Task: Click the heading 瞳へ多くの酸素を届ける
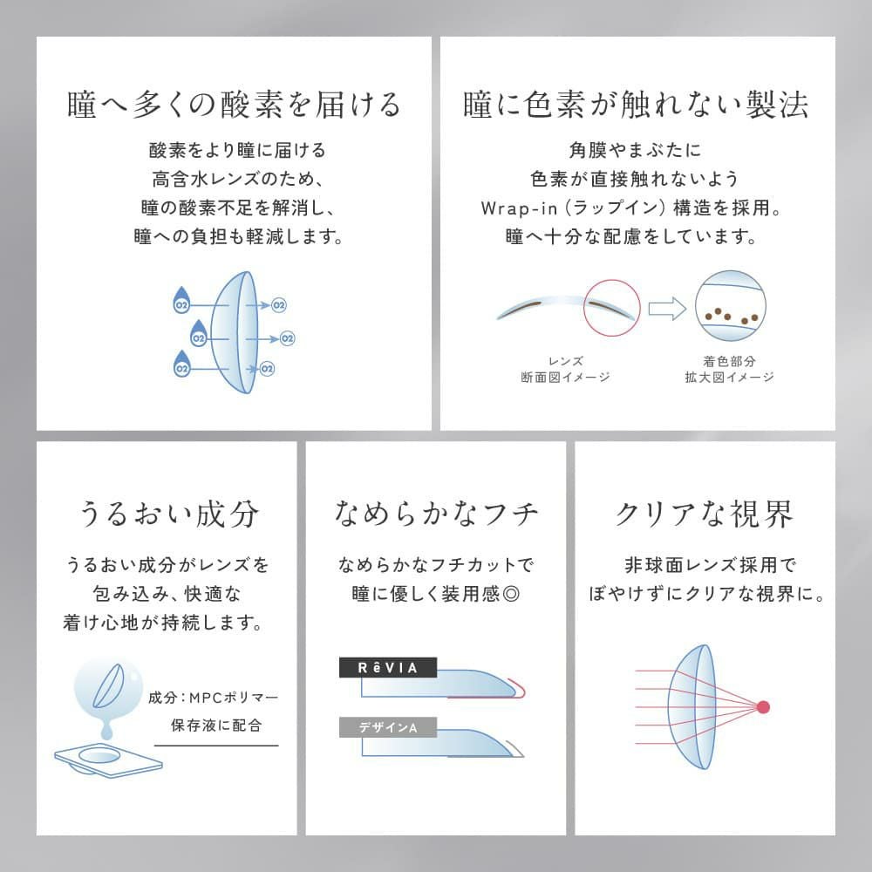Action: pos(234,105)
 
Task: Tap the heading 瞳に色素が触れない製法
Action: pos(637,105)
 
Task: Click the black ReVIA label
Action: pos(387,668)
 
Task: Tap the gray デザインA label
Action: pos(387,726)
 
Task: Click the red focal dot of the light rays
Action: pos(765,705)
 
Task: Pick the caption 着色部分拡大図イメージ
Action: pos(729,369)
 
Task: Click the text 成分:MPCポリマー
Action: pos(214,698)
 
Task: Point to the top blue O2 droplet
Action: pos(182,299)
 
